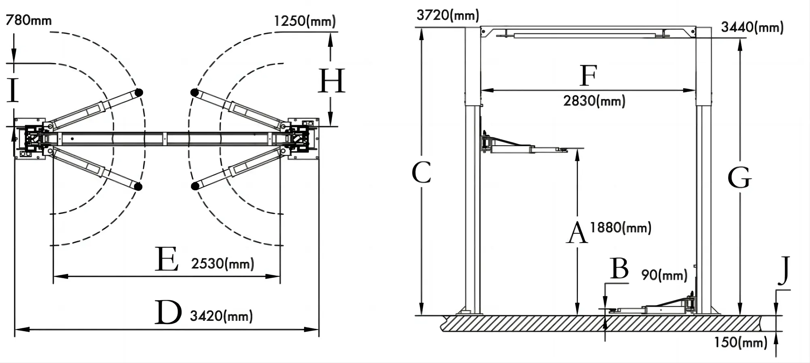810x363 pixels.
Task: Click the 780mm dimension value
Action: pos(29,20)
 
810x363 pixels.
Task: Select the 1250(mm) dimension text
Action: pos(305,21)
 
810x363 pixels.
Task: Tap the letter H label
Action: pos(331,81)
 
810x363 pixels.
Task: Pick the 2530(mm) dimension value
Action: pos(222,264)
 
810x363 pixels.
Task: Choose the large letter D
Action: pos(168,313)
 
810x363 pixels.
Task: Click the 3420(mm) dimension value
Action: pos(221,316)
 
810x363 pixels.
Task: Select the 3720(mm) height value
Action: pos(448,15)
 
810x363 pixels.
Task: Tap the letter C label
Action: pos(421,173)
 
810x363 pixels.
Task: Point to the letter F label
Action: pos(588,75)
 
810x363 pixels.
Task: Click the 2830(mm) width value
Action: pos(594,100)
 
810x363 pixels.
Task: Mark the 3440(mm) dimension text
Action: pos(752,27)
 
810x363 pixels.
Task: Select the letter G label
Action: pos(740,178)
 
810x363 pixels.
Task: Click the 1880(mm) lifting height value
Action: pos(620,228)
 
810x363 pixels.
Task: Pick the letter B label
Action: pos(619,268)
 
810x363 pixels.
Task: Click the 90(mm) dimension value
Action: pos(664,275)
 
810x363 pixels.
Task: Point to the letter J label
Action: pos(784,270)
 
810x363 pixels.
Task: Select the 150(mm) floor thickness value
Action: pos(740,342)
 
